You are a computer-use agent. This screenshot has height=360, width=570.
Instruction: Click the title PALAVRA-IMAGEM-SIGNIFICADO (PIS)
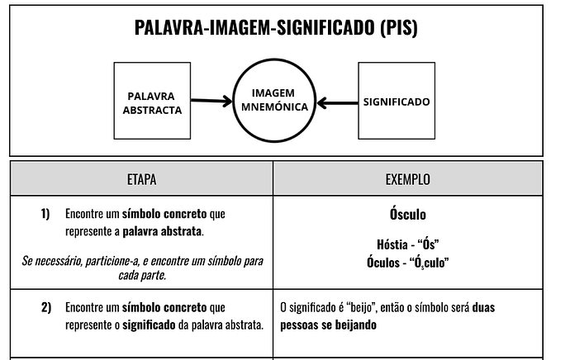pyautogui.click(x=276, y=27)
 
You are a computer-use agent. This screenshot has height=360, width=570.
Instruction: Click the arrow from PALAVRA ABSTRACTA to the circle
pyautogui.click(x=211, y=101)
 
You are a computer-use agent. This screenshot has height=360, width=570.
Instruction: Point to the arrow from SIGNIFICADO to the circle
pyautogui.click(x=337, y=103)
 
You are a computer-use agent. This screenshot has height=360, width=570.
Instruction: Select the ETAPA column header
pyautogui.click(x=142, y=179)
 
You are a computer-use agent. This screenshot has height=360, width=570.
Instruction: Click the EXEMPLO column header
pyautogui.click(x=408, y=179)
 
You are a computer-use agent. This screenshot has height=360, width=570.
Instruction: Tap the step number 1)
pyautogui.click(x=45, y=214)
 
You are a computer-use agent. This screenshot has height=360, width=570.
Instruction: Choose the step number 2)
pyautogui.click(x=46, y=307)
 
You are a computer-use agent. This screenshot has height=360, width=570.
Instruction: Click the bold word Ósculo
pyautogui.click(x=408, y=214)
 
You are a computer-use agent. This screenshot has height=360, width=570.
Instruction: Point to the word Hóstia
pyautogui.click(x=392, y=244)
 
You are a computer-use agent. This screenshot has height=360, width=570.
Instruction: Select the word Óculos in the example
pyautogui.click(x=383, y=262)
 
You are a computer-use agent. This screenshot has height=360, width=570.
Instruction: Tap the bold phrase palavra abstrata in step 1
pyautogui.click(x=162, y=231)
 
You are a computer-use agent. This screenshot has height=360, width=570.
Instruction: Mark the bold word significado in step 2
pyautogui.click(x=149, y=325)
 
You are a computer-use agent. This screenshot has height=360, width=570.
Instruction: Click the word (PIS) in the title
pyautogui.click(x=399, y=28)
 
